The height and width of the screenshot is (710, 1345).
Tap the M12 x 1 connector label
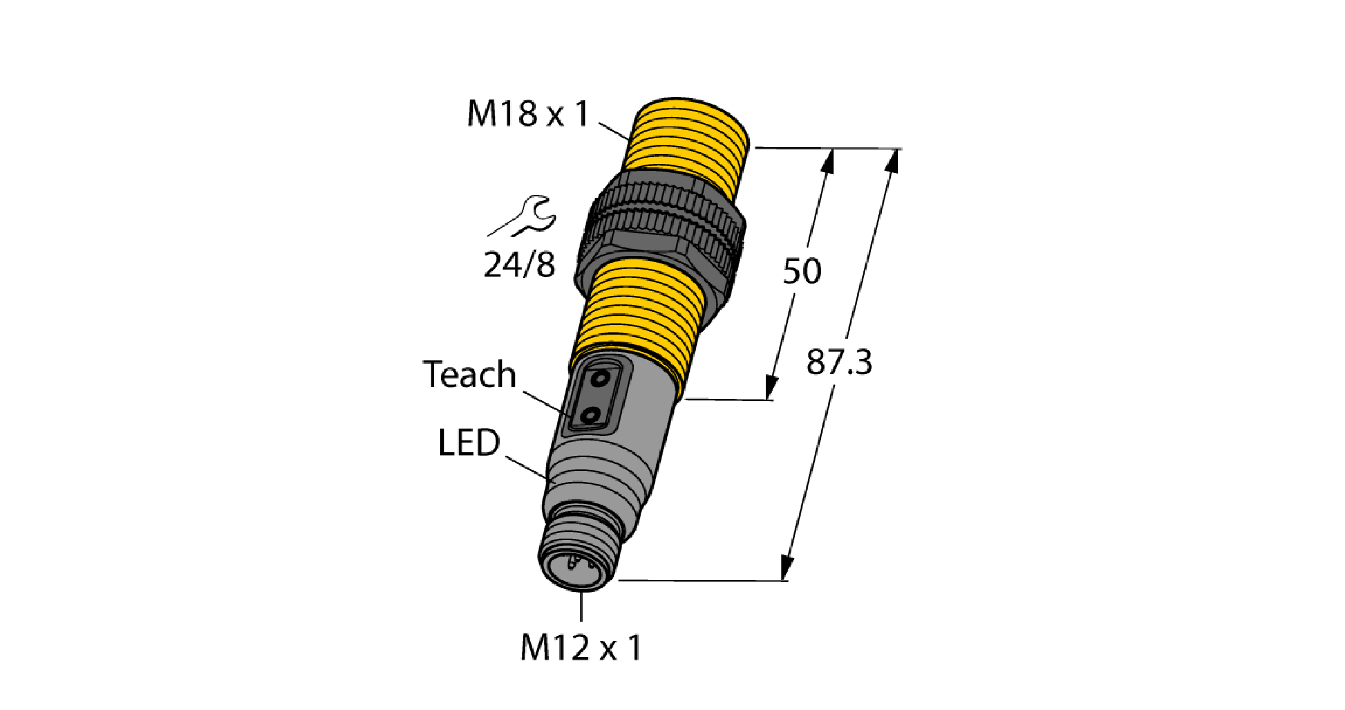pos(580,648)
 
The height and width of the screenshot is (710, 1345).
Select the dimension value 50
pos(801,271)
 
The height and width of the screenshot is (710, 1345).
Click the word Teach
pos(469,375)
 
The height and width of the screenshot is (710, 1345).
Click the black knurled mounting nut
pos(660,236)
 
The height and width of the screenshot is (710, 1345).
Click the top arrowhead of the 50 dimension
pos(827,161)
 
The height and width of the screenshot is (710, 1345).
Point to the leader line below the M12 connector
pos(581,607)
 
